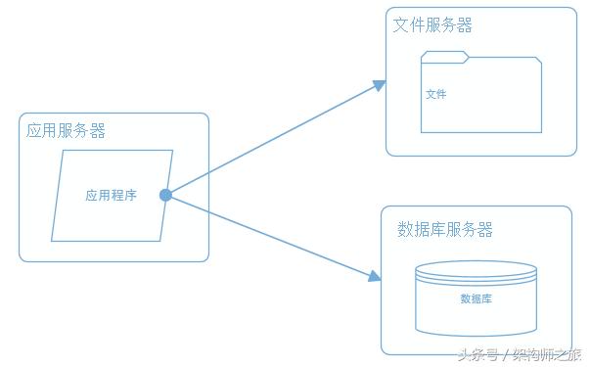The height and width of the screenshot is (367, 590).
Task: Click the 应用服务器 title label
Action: click(67, 130)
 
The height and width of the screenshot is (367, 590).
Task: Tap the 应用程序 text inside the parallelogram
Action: click(111, 195)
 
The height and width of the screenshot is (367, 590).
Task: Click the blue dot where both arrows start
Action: click(165, 196)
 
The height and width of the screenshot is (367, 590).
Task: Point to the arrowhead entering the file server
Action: click(380, 86)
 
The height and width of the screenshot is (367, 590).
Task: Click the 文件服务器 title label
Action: click(432, 25)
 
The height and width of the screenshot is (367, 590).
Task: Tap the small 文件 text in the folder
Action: click(436, 95)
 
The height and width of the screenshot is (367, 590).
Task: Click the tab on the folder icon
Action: click(445, 56)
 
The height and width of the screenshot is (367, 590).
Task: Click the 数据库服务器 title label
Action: click(445, 229)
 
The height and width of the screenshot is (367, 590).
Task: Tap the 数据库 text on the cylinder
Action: click(476, 298)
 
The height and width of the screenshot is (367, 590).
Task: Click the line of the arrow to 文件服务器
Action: click(274, 141)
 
